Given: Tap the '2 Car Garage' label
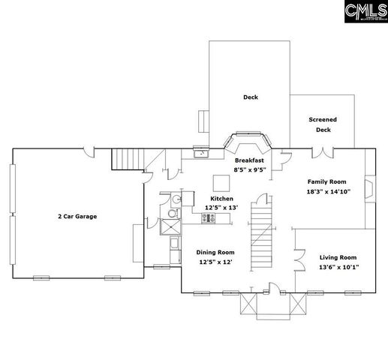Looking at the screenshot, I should point(77,216).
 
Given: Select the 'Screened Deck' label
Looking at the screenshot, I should point(323,124).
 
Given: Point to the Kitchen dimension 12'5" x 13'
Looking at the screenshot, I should point(221,207).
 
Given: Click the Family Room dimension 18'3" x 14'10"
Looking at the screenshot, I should point(326,191).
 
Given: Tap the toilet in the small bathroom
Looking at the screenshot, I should point(172,200).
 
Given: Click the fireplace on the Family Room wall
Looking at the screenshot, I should point(368,187).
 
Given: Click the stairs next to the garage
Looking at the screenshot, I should point(128,160).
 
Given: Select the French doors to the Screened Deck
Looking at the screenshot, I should point(323,153).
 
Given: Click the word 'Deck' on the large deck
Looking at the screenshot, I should point(250,97).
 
